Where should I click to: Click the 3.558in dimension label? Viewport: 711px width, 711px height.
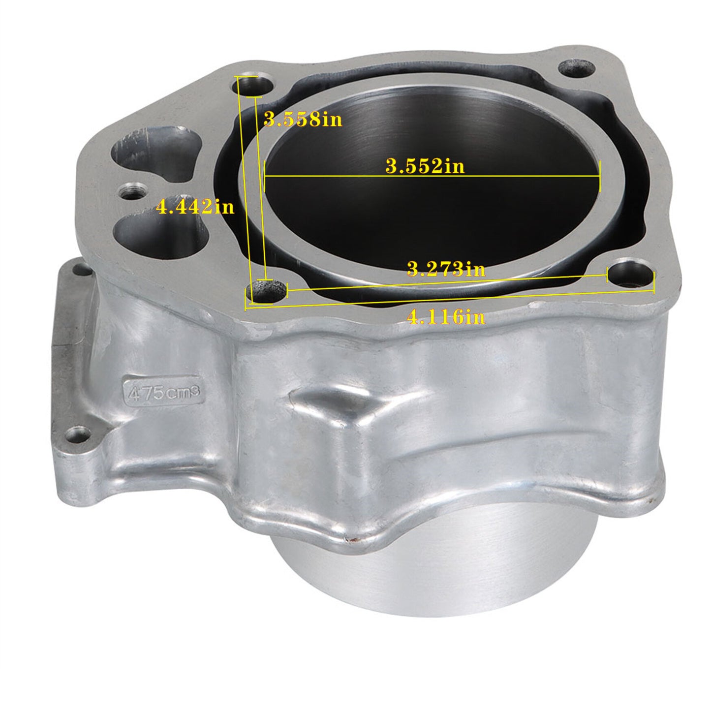(x=303, y=119)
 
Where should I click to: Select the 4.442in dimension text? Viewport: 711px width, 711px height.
(x=195, y=207)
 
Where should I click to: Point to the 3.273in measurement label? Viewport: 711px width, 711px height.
(x=446, y=269)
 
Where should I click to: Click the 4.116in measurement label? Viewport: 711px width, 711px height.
(x=446, y=317)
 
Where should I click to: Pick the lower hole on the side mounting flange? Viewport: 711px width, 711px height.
(x=79, y=434)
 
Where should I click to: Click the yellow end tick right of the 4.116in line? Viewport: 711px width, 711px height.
(x=653, y=284)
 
